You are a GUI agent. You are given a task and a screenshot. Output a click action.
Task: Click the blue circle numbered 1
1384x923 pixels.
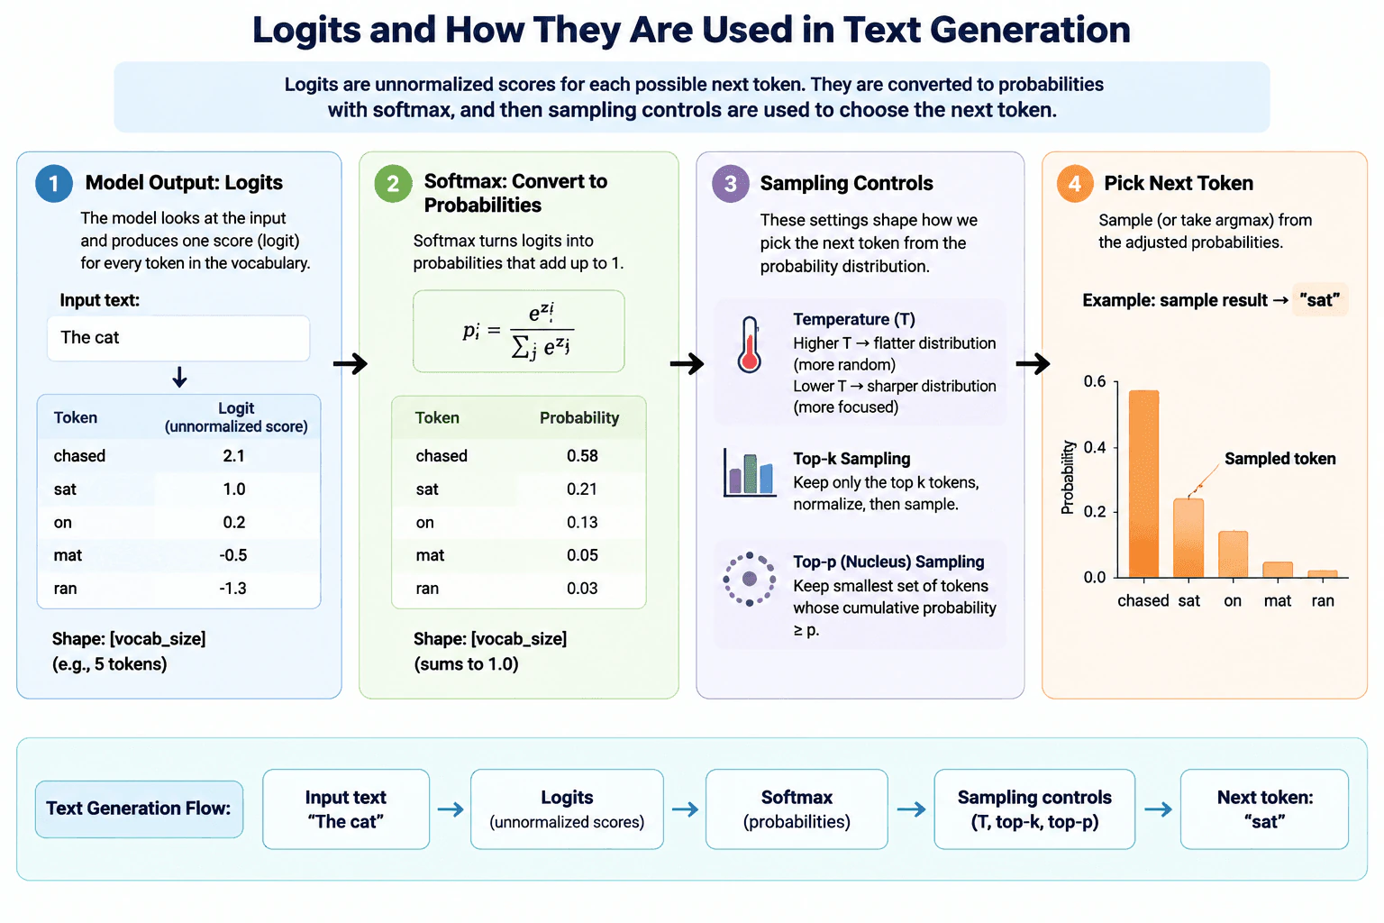click(54, 184)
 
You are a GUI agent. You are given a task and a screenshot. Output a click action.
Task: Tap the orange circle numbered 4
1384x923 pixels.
click(1074, 184)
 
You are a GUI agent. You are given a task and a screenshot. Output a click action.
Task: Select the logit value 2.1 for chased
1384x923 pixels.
click(233, 455)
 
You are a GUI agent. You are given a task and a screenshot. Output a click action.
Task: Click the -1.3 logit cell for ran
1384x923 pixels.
click(233, 588)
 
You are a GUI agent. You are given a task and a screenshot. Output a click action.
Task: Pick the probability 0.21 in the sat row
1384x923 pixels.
click(582, 489)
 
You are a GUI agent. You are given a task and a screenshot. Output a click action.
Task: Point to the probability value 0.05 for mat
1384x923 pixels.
click(582, 555)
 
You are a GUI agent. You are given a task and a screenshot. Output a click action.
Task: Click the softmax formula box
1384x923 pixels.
click(518, 332)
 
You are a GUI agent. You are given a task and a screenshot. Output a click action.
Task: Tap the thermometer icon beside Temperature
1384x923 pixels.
click(749, 344)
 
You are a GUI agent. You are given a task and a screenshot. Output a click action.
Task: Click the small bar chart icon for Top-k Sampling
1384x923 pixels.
click(750, 473)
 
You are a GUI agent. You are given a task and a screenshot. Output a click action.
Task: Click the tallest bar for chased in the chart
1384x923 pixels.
click(1143, 483)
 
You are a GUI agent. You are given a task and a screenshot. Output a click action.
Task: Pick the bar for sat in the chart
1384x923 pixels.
click(1188, 538)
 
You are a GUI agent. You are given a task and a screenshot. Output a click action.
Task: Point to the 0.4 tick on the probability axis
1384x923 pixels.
click(1095, 447)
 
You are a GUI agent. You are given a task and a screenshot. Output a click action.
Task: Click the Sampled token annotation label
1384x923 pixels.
click(1279, 459)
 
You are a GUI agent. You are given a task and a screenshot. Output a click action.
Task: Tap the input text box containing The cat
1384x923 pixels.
click(178, 338)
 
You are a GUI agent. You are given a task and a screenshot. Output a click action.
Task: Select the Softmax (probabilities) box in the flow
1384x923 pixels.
click(797, 809)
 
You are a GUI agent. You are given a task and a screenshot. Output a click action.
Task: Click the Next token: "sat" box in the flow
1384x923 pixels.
click(1264, 809)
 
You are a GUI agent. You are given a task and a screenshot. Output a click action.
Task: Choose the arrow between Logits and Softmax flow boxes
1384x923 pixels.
click(685, 809)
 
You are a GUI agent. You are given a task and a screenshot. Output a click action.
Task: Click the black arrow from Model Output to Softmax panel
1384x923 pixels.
click(351, 363)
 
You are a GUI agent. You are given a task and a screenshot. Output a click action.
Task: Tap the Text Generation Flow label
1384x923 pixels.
click(139, 809)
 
